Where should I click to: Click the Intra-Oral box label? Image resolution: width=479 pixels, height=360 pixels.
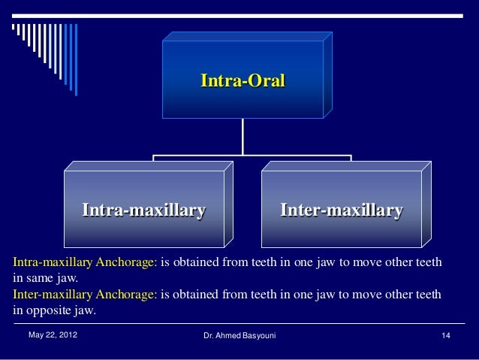click(x=243, y=80)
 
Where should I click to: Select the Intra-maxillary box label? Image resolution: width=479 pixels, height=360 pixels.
click(x=143, y=209)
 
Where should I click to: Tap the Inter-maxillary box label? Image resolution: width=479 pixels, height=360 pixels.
click(x=342, y=209)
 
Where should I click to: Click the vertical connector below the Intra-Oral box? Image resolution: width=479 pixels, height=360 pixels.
click(x=243, y=138)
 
